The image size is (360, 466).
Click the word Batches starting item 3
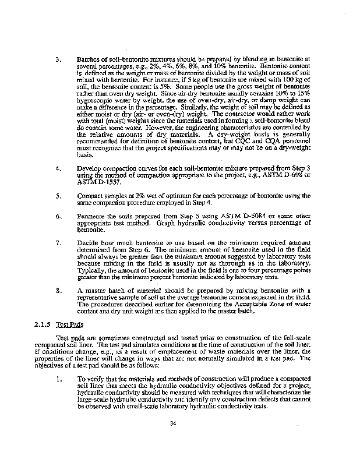point(89,59)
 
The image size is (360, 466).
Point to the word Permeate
point(92,216)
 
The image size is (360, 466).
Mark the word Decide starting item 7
point(89,241)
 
